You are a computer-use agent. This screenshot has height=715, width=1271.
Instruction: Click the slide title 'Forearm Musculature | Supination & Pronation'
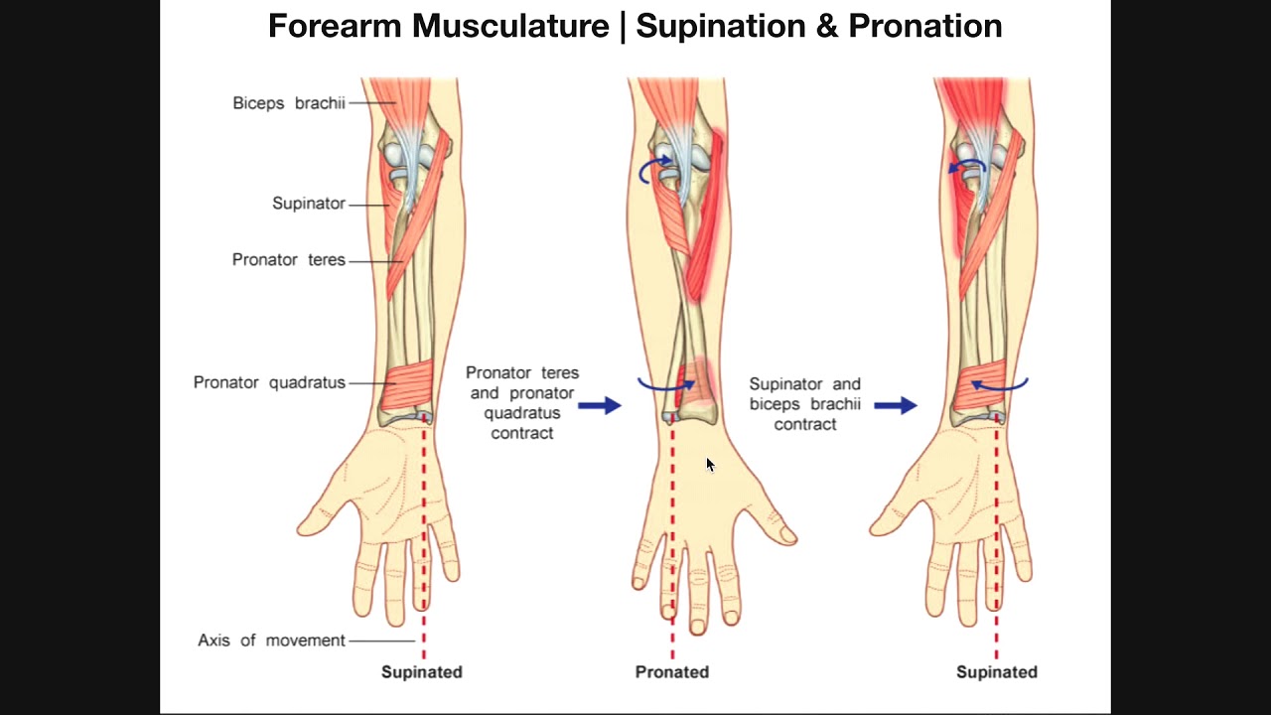point(635,26)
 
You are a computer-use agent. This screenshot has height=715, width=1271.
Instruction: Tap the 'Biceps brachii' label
point(289,103)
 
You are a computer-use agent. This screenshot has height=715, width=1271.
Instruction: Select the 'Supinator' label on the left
point(309,204)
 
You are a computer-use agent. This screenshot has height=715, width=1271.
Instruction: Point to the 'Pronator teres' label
point(289,260)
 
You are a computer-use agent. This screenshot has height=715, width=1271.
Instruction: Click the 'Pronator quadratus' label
point(269,382)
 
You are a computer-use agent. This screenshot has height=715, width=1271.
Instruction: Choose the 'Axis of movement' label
point(271,641)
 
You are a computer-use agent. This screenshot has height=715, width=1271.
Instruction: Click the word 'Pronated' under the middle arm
point(672,672)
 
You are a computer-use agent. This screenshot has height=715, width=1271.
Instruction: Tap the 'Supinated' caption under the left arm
point(422,672)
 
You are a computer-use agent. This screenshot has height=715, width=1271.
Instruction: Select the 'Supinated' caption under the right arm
point(996,672)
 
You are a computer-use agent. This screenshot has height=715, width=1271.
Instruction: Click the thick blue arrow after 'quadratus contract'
point(599,405)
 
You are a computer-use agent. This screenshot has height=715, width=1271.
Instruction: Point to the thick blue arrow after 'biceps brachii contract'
point(895,405)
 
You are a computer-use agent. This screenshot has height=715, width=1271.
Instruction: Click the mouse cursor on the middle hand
point(710,464)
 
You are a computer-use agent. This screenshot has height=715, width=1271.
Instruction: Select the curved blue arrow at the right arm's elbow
point(967,166)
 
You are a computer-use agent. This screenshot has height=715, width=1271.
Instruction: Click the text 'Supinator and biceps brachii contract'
point(804,404)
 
